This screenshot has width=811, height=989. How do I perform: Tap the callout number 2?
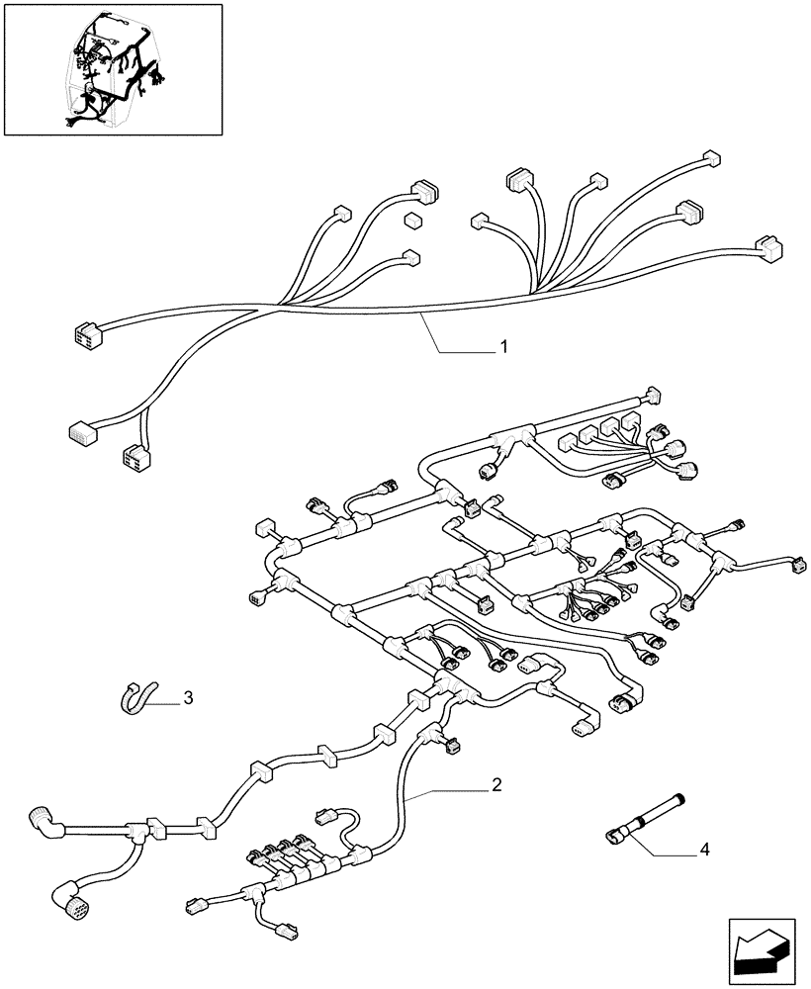pyautogui.click(x=497, y=785)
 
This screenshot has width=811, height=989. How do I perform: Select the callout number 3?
pyautogui.click(x=188, y=698)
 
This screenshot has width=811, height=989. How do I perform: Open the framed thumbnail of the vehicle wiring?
pyautogui.click(x=112, y=69)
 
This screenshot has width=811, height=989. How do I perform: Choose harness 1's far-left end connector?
pyautogui.click(x=85, y=333)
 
